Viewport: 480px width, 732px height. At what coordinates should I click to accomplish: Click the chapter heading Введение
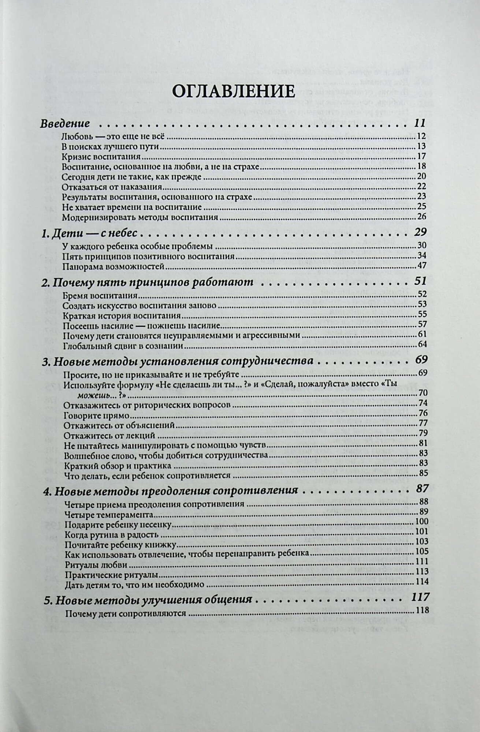click(65, 123)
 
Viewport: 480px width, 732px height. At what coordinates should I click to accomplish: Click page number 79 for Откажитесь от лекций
click(423, 436)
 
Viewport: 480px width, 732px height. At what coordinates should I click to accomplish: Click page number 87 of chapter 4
click(421, 490)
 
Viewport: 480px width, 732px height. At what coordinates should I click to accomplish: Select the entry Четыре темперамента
click(108, 515)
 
